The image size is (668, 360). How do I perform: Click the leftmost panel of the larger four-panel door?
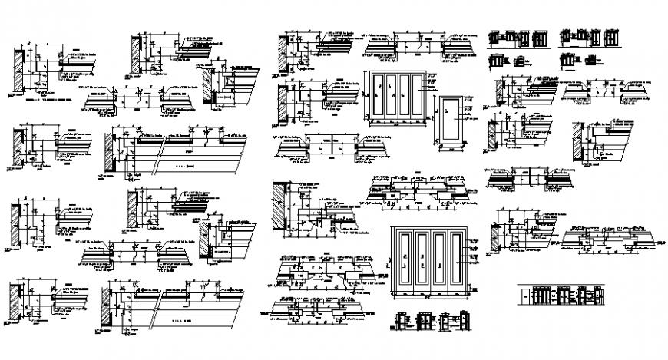(x=402, y=262)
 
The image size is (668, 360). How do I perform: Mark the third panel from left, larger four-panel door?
(x=438, y=262)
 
